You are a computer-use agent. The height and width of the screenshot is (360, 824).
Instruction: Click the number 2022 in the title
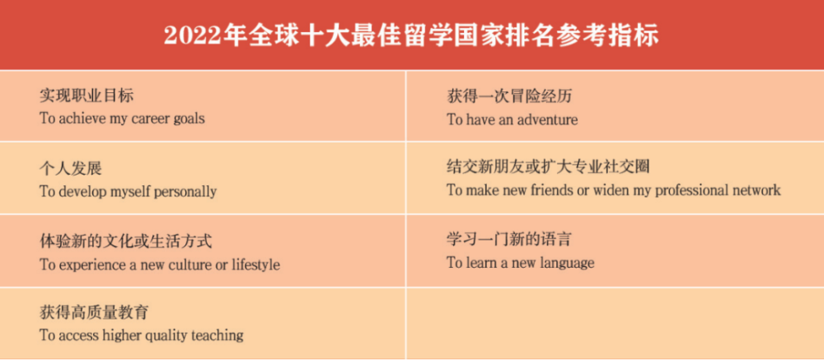[x=191, y=36]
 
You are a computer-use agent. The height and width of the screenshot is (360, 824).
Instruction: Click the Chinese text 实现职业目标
[x=87, y=96]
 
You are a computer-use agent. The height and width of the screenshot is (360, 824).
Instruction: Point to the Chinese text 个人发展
[x=71, y=169]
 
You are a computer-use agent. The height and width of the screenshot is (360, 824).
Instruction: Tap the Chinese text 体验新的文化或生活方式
[x=125, y=241]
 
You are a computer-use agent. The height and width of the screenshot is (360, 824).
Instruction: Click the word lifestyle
[x=256, y=264]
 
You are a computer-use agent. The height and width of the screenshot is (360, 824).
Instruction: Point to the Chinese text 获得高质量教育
[x=94, y=313]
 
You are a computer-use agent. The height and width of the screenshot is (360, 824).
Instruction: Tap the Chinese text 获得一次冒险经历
[x=509, y=96]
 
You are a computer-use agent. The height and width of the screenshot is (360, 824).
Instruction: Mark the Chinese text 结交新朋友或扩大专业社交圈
[x=548, y=167]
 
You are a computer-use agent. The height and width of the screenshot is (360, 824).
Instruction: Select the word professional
[x=691, y=190]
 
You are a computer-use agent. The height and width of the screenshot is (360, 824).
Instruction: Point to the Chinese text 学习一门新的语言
[x=508, y=240]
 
